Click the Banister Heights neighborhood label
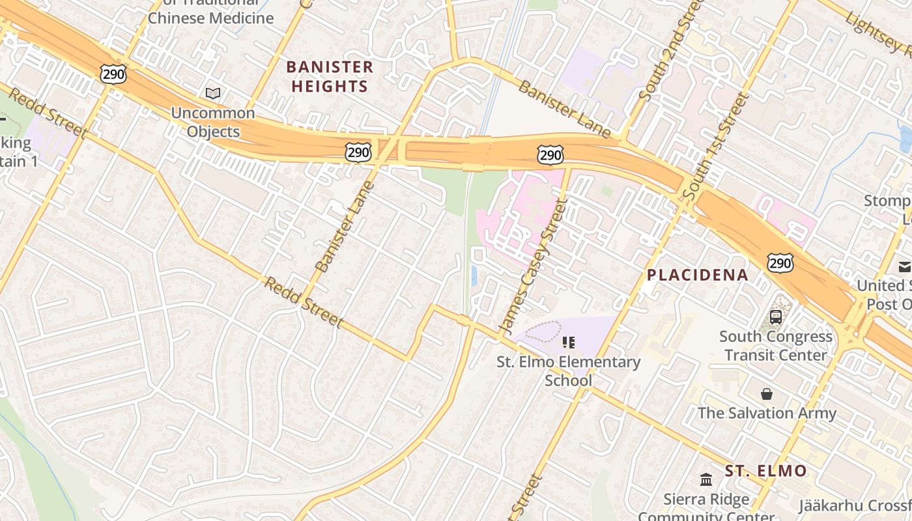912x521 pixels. [x=330, y=76]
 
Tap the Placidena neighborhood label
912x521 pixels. [x=698, y=275]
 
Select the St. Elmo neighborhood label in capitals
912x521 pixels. [x=765, y=471]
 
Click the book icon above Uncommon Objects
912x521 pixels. [x=213, y=93]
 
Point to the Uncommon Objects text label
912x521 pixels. [x=213, y=122]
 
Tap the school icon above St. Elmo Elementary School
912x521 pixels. [x=569, y=342]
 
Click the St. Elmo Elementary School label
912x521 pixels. [x=569, y=371]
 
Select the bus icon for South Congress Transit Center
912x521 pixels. [x=775, y=317]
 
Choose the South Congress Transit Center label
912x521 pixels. [x=775, y=346]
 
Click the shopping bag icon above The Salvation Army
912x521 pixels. [x=767, y=394]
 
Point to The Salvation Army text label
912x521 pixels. [x=767, y=413]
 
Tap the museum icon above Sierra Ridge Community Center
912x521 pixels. [x=706, y=480]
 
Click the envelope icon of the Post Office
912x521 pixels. [x=905, y=266]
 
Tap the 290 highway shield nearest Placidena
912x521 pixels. [x=780, y=262]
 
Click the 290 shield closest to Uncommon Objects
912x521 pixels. [x=113, y=74]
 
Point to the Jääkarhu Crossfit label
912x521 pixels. [x=855, y=505]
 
